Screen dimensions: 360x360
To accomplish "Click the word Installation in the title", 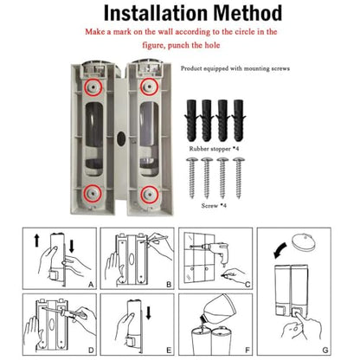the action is [x=156, y=13].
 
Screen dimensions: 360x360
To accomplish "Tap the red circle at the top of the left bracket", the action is [x=93, y=87].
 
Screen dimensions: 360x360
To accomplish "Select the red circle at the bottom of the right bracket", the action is [x=149, y=195].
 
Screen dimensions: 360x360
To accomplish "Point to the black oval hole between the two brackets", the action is [x=121, y=138].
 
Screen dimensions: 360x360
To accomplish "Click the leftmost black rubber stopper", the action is [x=191, y=120].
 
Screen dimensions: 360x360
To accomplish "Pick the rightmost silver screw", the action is [x=239, y=177].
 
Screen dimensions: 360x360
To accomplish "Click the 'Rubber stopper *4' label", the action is [x=214, y=149].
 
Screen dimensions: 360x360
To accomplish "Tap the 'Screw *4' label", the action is [x=214, y=206].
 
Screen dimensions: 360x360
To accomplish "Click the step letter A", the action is [x=91, y=285].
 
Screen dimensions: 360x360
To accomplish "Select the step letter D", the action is [x=91, y=350].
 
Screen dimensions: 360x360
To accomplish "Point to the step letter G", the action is [x=325, y=350].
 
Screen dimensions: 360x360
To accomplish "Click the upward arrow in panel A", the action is [x=36, y=241].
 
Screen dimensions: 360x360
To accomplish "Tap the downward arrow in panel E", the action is [x=149, y=313].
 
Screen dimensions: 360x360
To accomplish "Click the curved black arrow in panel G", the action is [x=280, y=250].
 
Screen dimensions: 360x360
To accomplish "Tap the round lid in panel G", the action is [x=303, y=241].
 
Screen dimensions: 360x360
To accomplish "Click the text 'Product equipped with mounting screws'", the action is [x=235, y=68].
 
